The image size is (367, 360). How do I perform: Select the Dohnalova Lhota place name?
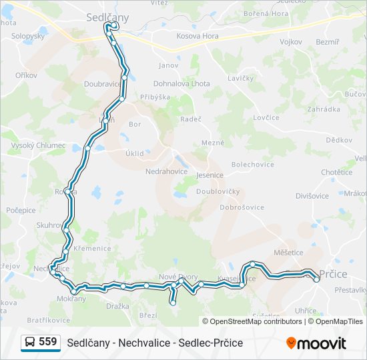(181, 84)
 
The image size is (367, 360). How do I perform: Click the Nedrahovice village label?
(167, 171)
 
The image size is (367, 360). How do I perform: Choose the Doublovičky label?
(218, 191)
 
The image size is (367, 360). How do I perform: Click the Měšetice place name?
(288, 253)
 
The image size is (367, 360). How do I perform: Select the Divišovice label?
(312, 196)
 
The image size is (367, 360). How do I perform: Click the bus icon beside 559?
(29, 343)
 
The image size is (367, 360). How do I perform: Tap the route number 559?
(47, 342)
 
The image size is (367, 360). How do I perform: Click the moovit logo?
(316, 343)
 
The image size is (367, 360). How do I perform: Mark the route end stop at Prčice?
(316, 279)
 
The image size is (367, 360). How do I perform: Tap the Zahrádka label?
(324, 109)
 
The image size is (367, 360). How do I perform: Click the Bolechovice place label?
(252, 164)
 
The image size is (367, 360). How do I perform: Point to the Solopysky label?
(28, 36)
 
